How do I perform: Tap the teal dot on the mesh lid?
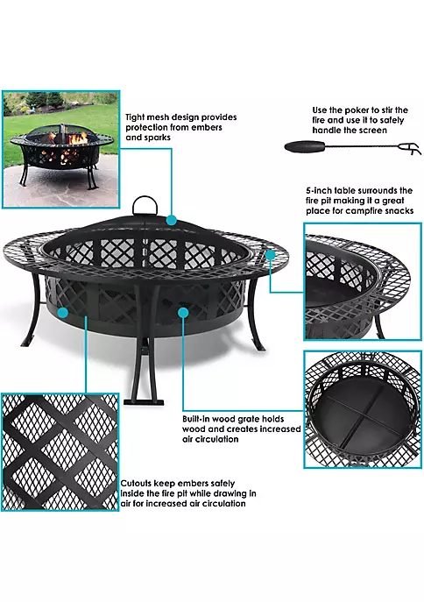pos(173,220)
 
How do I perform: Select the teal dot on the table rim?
pos(270,253)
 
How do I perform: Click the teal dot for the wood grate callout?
pos(182,311)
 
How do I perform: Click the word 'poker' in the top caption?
pos(353,110)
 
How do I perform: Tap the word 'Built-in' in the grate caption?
pos(199,418)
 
